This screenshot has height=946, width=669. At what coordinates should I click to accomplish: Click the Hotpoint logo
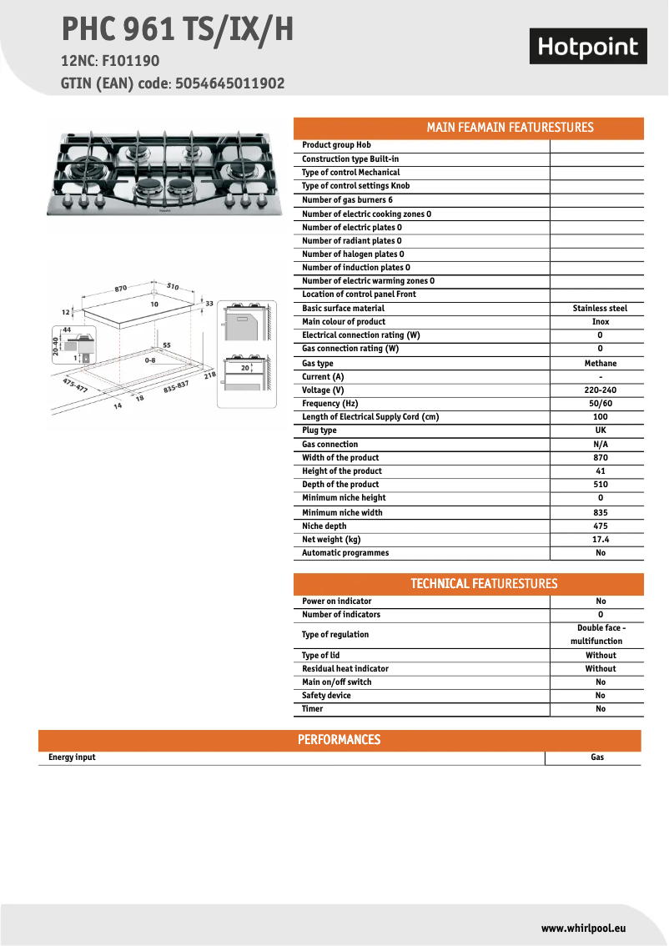coord(588,47)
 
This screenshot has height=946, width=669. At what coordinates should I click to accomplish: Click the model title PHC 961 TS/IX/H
coord(177,30)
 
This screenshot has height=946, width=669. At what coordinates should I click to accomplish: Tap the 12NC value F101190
coord(131,61)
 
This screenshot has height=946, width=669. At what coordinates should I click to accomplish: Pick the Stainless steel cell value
coord(600,309)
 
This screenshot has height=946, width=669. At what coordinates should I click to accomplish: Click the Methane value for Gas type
coord(600,364)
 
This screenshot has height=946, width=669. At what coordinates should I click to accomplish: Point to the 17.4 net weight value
coord(600,540)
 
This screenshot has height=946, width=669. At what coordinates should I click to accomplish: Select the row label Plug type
coord(319,430)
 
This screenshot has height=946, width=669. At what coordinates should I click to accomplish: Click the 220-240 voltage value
coord(600,390)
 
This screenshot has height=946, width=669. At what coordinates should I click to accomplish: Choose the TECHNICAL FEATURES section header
coord(484,584)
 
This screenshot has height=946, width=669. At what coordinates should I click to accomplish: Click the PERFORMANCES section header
coord(339,740)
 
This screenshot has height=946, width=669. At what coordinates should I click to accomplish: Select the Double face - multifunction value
coord(600,635)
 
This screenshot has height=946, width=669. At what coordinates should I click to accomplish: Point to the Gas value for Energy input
coord(597,757)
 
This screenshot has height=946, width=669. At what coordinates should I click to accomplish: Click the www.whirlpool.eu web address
coord(583,928)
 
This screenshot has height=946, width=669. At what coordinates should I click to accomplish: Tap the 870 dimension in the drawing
coord(120,288)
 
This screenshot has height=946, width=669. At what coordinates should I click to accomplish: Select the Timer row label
coord(312,709)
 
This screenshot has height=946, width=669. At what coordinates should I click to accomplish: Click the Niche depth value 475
coord(600,526)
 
